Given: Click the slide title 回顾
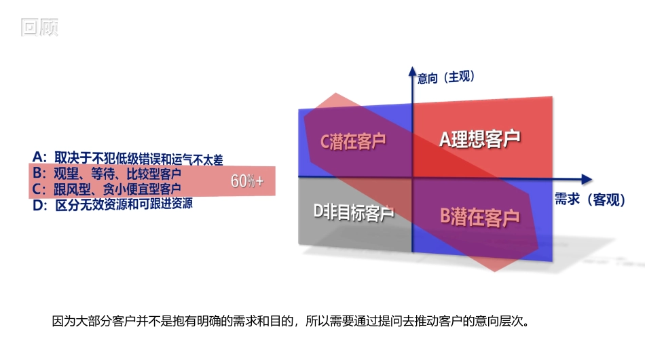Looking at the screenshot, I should (39, 27).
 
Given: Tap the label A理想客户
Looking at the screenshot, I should (479, 139).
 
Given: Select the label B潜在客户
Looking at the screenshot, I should (479, 217).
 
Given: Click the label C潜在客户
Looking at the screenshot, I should (353, 141).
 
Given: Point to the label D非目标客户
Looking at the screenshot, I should (354, 213).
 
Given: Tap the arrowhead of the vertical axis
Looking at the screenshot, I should (412, 69).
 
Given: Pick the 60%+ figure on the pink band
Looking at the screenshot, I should (247, 181).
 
